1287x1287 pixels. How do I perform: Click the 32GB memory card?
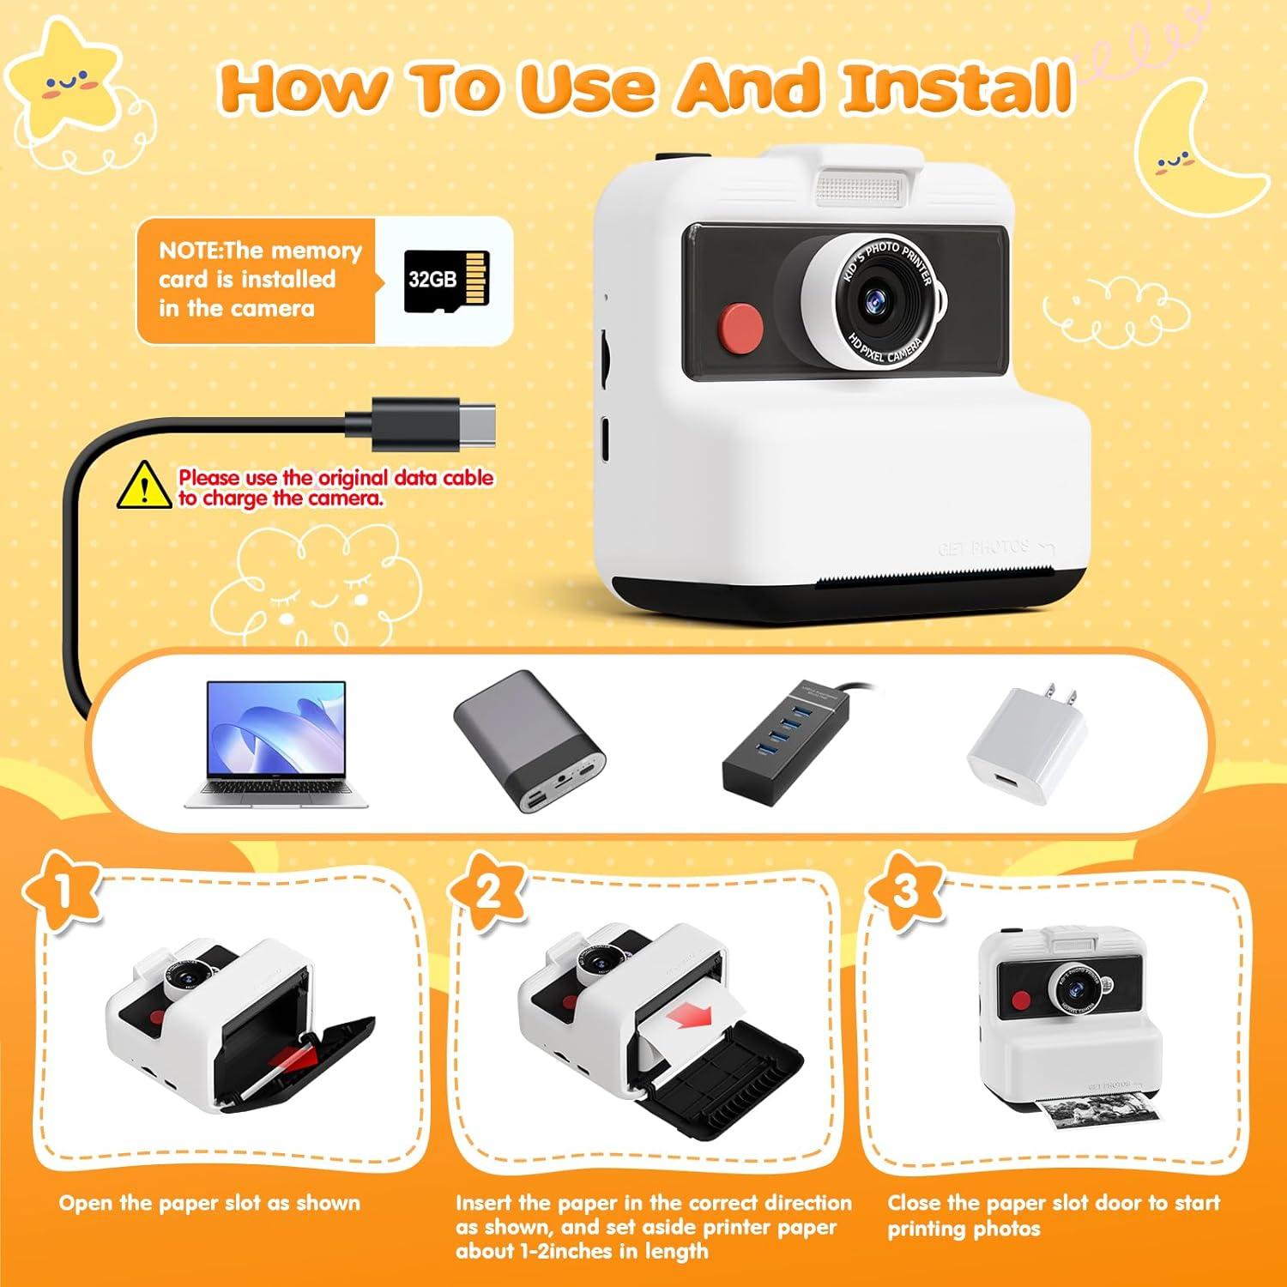click(446, 281)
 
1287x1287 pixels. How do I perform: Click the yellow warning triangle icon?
click(144, 486)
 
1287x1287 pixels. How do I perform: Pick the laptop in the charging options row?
click(275, 743)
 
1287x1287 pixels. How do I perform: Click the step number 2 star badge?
click(488, 892)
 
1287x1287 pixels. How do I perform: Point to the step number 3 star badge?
click(906, 892)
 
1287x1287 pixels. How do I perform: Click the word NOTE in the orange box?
click(189, 251)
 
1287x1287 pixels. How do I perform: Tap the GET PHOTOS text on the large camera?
click(983, 547)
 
